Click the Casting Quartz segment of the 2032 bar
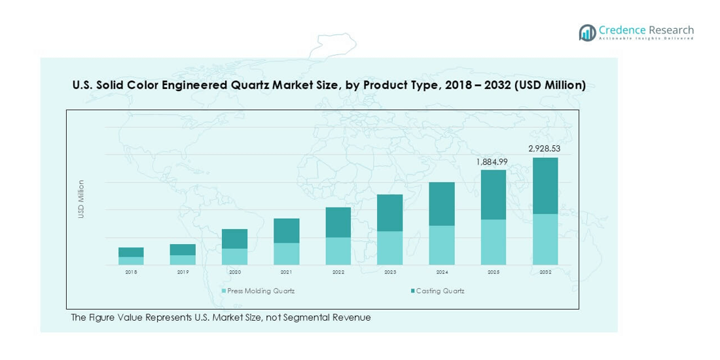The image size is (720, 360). coord(545,186)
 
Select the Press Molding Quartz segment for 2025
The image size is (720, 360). coord(494,242)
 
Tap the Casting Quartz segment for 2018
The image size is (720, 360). coord(131,252)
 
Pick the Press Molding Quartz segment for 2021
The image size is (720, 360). coord(286,254)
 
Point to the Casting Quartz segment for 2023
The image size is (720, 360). coord(389,213)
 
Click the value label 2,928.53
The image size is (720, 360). coord(545,149)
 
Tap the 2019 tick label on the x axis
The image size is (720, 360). coord(183,272)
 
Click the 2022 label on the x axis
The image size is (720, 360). coord(338,272)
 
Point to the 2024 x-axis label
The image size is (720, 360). coord(441,272)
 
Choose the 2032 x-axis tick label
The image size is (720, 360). coord(545,272)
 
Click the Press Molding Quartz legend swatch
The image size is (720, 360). coord(224,291)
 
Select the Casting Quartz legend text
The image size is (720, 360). coord(440,291)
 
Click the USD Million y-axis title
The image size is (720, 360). coord(82,199)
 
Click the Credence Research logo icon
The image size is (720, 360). coord(587,33)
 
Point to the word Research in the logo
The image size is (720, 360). coord(672,30)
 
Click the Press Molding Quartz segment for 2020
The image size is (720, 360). coord(234,257)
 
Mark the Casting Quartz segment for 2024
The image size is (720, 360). coord(441,204)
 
